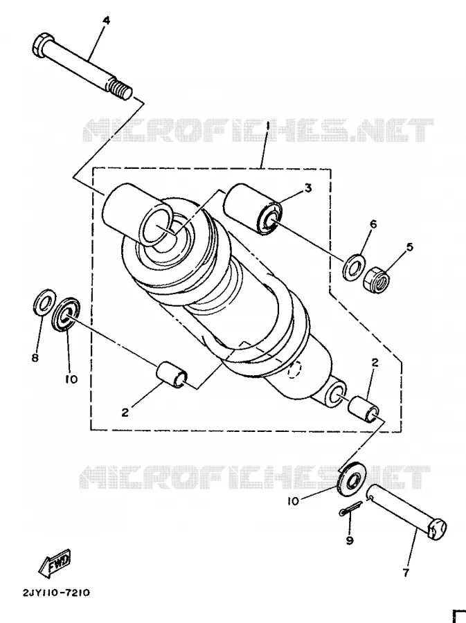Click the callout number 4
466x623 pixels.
point(106,20)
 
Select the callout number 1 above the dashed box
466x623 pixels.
point(268,127)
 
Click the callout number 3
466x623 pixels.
point(308,188)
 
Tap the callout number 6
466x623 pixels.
point(373,224)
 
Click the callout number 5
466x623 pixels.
point(410,246)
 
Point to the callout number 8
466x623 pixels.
point(35,358)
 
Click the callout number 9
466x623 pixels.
point(350,541)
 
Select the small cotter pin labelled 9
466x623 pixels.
point(351,508)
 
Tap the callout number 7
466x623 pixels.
point(406,572)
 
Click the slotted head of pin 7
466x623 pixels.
point(437,528)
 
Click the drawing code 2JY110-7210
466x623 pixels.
point(56,593)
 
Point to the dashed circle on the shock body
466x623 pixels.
point(294,370)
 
